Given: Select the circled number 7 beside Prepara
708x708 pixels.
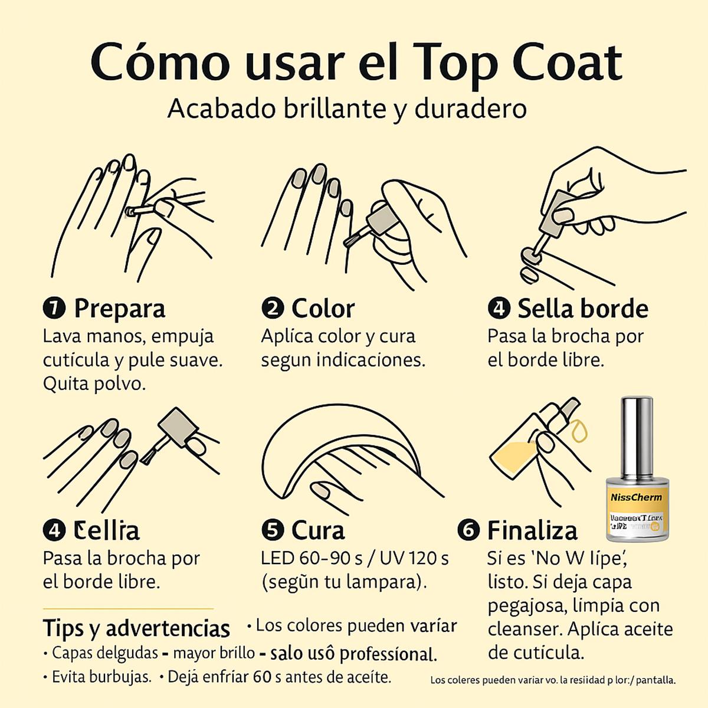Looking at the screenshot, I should [x=54, y=308].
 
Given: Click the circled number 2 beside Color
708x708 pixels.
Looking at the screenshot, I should [x=273, y=308].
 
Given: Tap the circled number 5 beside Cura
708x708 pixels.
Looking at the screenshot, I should [x=273, y=530].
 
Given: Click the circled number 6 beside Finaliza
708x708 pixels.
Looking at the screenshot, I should [x=468, y=530].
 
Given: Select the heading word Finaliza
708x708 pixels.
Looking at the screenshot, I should [x=532, y=530].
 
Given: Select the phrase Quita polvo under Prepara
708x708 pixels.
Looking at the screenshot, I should [x=94, y=383].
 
